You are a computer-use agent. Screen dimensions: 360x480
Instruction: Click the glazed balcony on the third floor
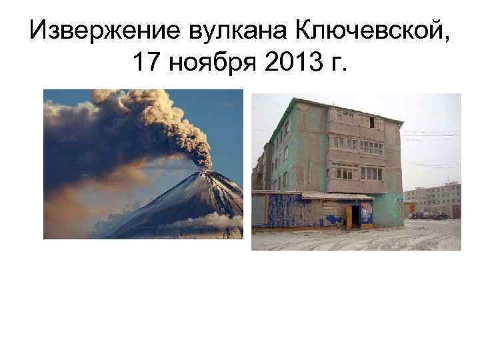tap(360, 143)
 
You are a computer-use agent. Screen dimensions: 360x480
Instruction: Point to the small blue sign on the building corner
tap(399, 197)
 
